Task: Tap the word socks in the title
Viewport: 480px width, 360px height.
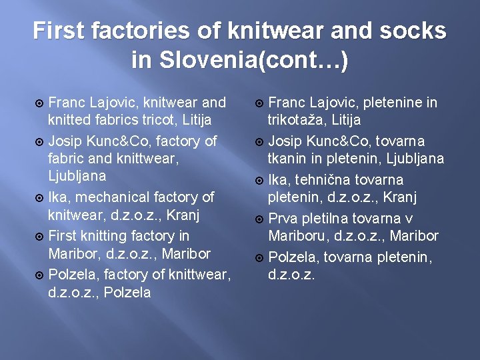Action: click(413, 31)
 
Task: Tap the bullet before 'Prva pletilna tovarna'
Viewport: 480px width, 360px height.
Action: click(259, 219)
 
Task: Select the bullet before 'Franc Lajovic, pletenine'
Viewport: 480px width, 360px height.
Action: click(259, 103)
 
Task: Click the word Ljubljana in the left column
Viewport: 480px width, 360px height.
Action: click(77, 176)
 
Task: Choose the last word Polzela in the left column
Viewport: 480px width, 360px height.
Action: click(128, 292)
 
